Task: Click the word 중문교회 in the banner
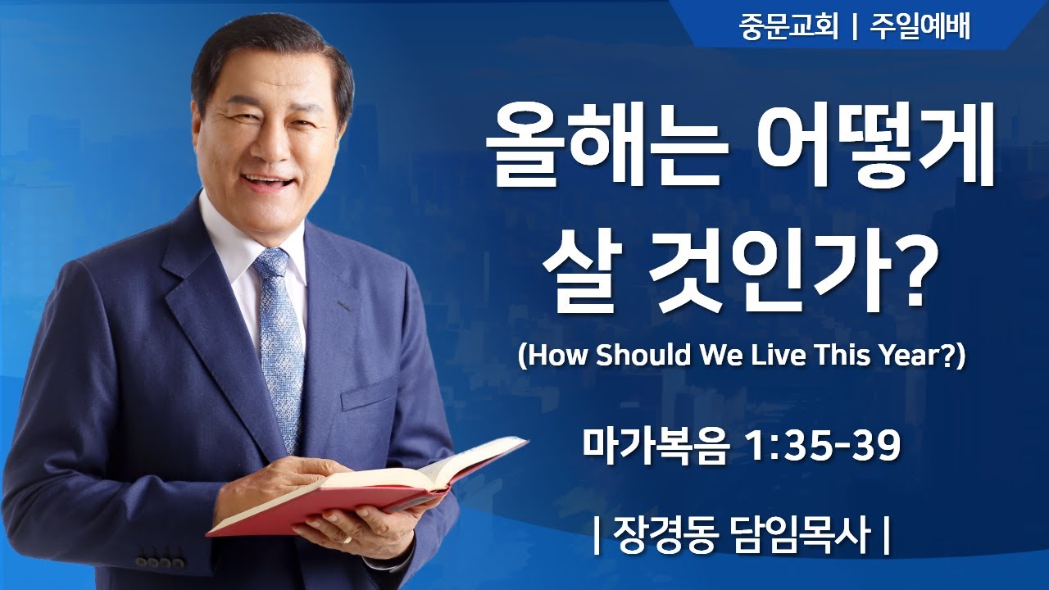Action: click(x=788, y=27)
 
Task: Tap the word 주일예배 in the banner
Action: click(x=922, y=27)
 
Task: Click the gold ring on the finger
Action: click(x=346, y=540)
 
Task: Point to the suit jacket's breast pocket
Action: click(x=369, y=393)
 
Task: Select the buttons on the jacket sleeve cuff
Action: click(x=160, y=562)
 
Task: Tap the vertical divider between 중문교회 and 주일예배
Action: click(x=854, y=27)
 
